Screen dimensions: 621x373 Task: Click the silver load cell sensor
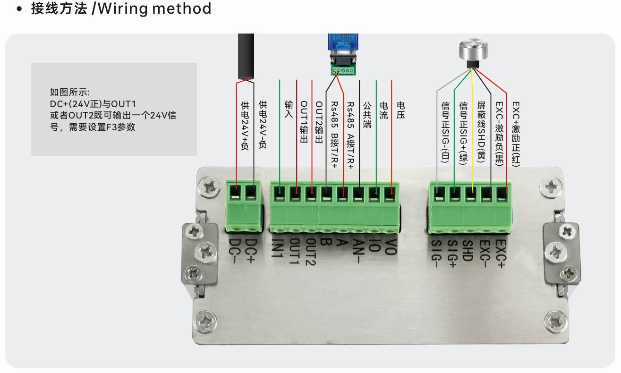(x=473, y=53)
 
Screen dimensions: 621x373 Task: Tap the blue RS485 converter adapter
(x=343, y=54)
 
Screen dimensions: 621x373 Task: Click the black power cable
(x=246, y=57)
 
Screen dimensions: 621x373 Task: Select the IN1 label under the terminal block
(x=277, y=248)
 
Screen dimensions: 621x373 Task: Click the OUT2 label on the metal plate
(x=311, y=252)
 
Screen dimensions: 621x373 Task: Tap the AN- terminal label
(x=358, y=251)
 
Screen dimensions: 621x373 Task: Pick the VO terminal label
(x=391, y=247)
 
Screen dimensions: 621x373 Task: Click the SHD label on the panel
(x=468, y=251)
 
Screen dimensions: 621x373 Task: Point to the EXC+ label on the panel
(x=501, y=254)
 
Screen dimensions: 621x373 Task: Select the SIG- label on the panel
(x=436, y=254)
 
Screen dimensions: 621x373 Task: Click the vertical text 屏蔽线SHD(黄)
(x=481, y=132)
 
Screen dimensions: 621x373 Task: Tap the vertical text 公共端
(x=367, y=115)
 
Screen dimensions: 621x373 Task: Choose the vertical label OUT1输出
(x=304, y=122)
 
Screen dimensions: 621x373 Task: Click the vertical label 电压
(x=400, y=110)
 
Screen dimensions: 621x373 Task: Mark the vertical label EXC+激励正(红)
(x=516, y=134)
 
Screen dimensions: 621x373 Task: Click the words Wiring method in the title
(x=154, y=8)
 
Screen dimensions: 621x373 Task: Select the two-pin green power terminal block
(x=244, y=206)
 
